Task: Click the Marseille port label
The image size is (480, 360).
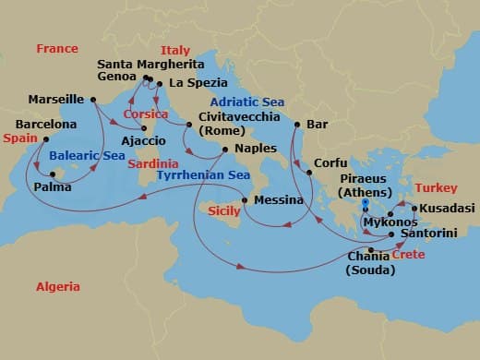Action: coord(57,99)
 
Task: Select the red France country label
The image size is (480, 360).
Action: coord(57,48)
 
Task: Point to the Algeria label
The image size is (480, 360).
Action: coord(57,287)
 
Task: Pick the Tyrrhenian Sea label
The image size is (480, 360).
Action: coord(203,174)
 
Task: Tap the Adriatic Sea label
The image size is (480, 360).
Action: coord(246,102)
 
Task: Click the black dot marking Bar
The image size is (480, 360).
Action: coord(296,124)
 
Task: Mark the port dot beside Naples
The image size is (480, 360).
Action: coord(224,148)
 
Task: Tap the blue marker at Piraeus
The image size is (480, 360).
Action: coord(366,202)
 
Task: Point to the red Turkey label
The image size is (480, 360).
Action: coord(437,187)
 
